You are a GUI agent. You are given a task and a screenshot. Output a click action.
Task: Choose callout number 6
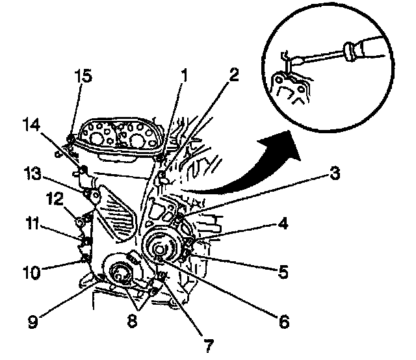point(281,320)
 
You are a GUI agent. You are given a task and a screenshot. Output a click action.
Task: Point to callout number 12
point(54,196)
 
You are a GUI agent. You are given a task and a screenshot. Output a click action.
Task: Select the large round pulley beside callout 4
point(161,247)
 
